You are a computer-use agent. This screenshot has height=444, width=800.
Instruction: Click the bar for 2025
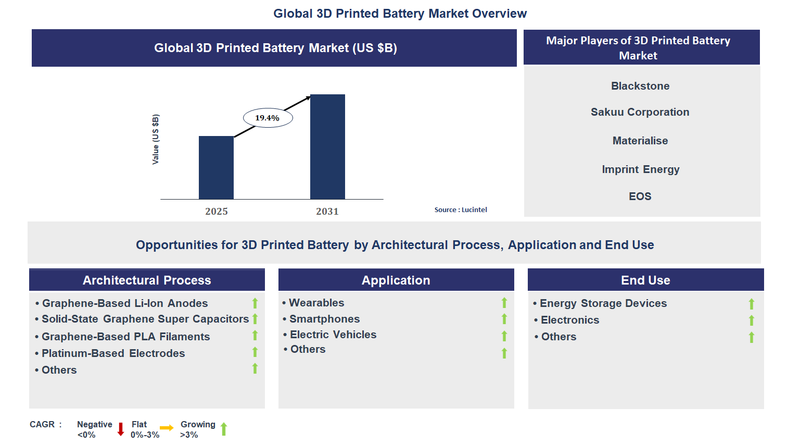coord(216,167)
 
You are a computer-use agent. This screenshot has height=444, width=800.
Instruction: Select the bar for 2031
coord(327,146)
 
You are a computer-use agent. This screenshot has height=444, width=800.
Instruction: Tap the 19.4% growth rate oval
coord(268,118)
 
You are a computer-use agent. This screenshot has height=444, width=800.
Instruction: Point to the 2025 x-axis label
coord(217,211)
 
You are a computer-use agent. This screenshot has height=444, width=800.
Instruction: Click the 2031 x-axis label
coord(327,211)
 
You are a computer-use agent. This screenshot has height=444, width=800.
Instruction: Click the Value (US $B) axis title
coord(155,139)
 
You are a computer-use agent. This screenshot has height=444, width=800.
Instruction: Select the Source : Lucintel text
coord(461,209)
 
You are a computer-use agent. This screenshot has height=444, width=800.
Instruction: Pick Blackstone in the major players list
coord(640,86)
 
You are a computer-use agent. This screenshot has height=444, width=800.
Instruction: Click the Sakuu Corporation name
coord(640,112)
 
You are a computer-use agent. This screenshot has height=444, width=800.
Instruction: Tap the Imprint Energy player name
coord(641,169)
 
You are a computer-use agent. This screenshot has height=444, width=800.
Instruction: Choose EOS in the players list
coord(640,196)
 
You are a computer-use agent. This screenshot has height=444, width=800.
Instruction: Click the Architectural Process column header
coord(147,280)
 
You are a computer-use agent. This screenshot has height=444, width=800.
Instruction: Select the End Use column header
coord(645,280)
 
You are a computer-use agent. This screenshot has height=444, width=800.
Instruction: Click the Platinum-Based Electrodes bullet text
coord(113,353)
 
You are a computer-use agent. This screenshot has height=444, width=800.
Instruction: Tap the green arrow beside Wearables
coord(504,303)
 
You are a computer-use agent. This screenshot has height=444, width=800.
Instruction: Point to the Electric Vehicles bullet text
coord(333,335)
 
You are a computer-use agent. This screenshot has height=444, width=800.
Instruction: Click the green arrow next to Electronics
coord(751,320)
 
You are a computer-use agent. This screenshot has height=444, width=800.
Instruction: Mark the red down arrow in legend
coord(121,429)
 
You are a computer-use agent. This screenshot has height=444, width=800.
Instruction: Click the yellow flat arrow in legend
coord(167,428)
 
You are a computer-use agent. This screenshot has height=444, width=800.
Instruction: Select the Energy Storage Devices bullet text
coord(603,303)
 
